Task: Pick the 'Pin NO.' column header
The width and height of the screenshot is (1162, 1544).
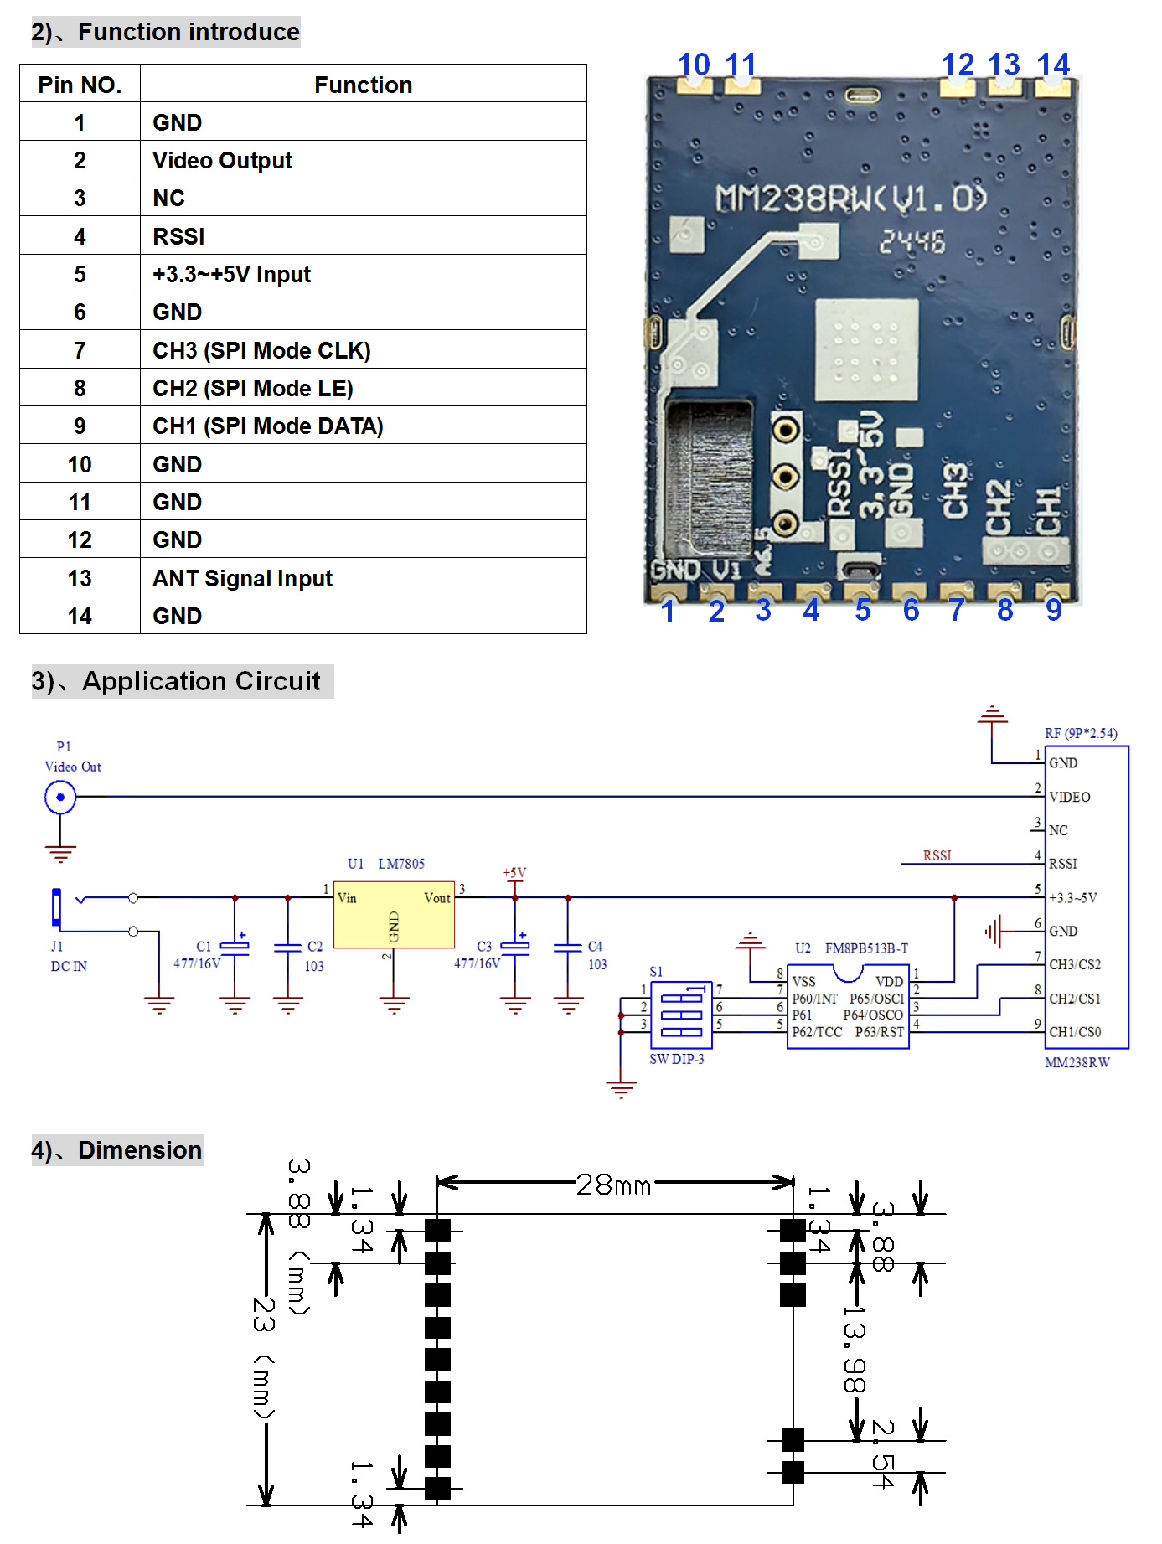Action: coord(80,85)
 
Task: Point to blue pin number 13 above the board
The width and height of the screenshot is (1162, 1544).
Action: coord(1004,65)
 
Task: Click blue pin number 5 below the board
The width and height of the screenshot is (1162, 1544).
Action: coord(863,611)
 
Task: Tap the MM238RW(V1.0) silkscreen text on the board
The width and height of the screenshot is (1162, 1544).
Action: coord(851,199)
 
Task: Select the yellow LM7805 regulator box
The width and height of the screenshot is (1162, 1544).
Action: coord(394,915)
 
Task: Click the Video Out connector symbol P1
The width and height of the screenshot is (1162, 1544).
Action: coord(60,797)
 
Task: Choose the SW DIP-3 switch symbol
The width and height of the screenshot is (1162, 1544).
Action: coord(681,1015)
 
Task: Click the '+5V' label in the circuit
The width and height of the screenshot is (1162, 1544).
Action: coord(514,873)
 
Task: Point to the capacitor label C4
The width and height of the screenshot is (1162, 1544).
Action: coord(595,947)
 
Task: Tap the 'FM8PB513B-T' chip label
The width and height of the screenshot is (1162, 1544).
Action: coord(866,948)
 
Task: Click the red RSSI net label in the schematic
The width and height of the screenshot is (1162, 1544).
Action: coord(937,855)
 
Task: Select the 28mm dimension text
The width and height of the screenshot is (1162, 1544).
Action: coord(613,1185)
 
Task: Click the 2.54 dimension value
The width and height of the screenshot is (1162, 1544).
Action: coord(883,1454)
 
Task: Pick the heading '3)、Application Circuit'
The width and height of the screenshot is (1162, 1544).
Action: coord(176,681)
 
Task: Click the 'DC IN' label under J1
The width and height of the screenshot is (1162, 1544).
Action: coord(69,966)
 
